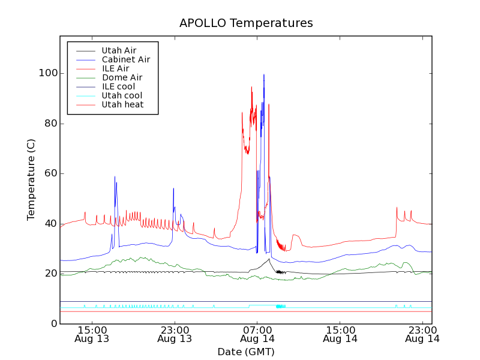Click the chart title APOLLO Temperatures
pos(246,23)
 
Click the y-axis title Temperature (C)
pos(31,179)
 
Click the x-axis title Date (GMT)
pos(246,352)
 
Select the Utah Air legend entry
pos(119,50)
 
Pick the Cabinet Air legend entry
pos(125,59)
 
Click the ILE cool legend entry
pos(118,86)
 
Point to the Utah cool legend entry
pos(122,95)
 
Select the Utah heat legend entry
pos(122,104)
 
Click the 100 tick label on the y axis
pos(48,73)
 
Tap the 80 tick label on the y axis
pos(50,124)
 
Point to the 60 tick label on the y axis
pos(50,173)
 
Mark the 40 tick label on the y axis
pos(50,223)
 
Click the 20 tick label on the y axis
pos(50,274)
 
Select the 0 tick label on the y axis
pos(54,323)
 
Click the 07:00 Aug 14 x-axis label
pos(257,334)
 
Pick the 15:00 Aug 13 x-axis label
pos(92,334)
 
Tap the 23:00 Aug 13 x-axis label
pos(175,334)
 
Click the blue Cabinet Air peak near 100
pos(263,75)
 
